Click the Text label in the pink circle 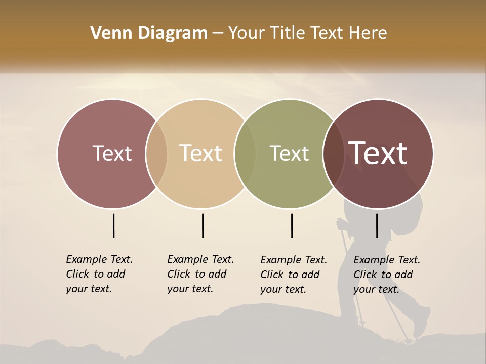[112, 154]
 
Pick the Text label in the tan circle [201, 154]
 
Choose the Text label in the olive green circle [289, 154]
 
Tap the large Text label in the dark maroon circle [378, 154]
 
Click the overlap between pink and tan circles [156, 154]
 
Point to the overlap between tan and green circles [245, 154]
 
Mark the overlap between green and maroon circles [334, 154]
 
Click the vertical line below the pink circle [113, 225]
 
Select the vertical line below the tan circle [202, 225]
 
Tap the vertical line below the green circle [292, 225]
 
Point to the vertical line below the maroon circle [377, 225]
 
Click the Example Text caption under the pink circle [99, 274]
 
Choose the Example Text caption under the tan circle [200, 274]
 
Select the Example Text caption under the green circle [293, 275]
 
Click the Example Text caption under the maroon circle [386, 275]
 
